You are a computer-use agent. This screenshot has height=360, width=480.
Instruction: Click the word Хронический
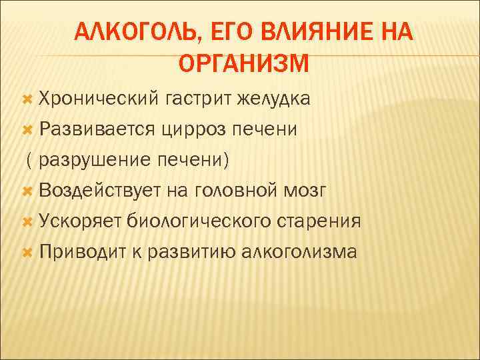(x=96, y=99)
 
